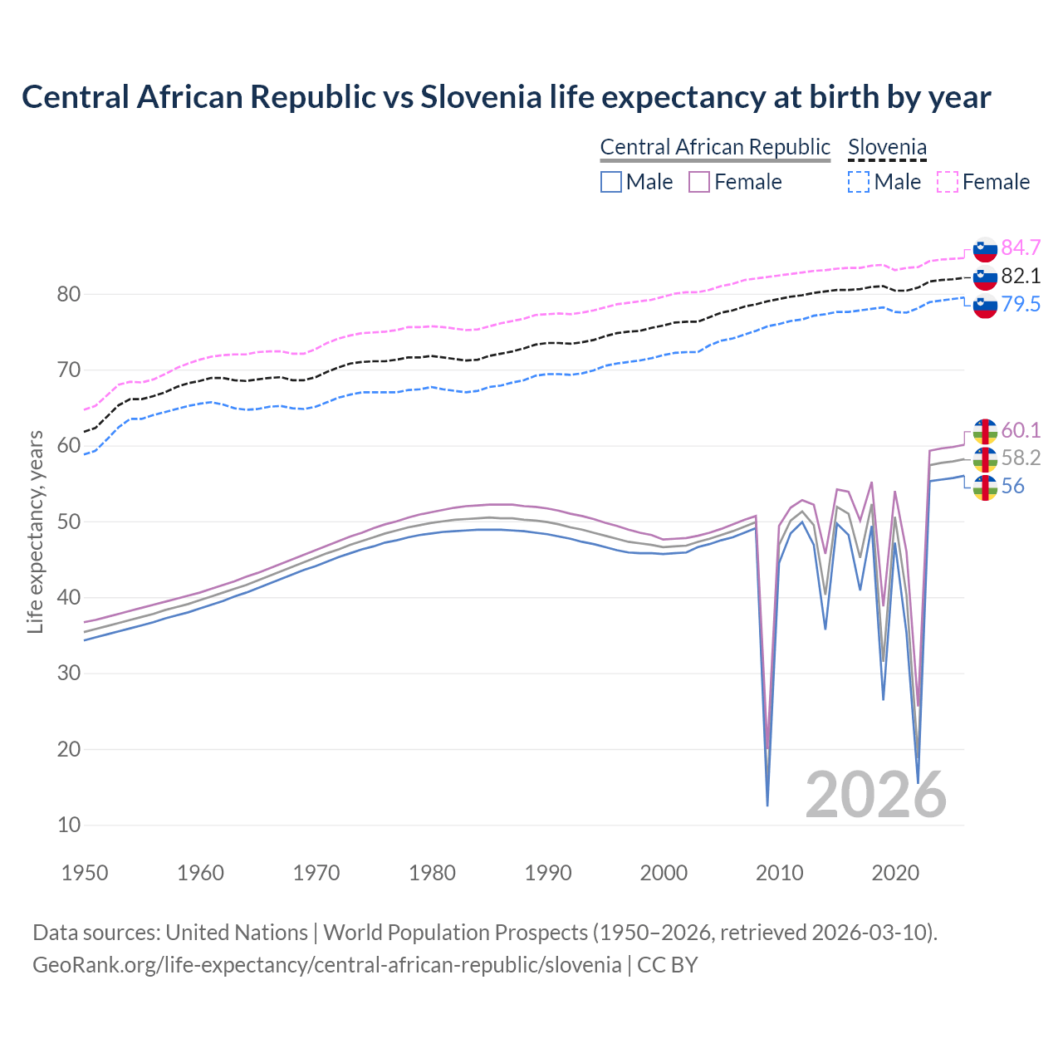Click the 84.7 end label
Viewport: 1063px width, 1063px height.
(x=1021, y=247)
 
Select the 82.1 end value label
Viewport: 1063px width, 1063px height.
(x=1021, y=276)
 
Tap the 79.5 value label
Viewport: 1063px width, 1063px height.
(x=1021, y=304)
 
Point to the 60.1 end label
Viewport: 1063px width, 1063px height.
(x=1021, y=429)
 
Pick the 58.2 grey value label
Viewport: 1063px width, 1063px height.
(x=1021, y=458)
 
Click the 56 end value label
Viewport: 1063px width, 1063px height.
(x=1012, y=486)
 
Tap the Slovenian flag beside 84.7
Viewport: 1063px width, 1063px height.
(x=985, y=249)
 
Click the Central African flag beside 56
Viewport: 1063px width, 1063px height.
(x=985, y=487)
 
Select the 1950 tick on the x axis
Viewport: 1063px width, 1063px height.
(x=86, y=873)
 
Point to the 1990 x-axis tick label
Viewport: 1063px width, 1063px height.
(x=548, y=873)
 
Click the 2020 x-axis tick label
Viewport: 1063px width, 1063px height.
(x=895, y=873)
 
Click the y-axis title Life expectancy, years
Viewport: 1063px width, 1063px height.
(x=35, y=531)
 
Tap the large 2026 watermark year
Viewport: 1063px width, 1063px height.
(x=876, y=795)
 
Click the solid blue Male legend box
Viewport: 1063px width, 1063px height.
(x=611, y=182)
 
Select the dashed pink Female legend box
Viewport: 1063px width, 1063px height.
(x=948, y=182)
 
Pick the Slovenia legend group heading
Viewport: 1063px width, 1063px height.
(x=887, y=147)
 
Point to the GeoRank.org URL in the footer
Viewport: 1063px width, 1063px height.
(x=326, y=964)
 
